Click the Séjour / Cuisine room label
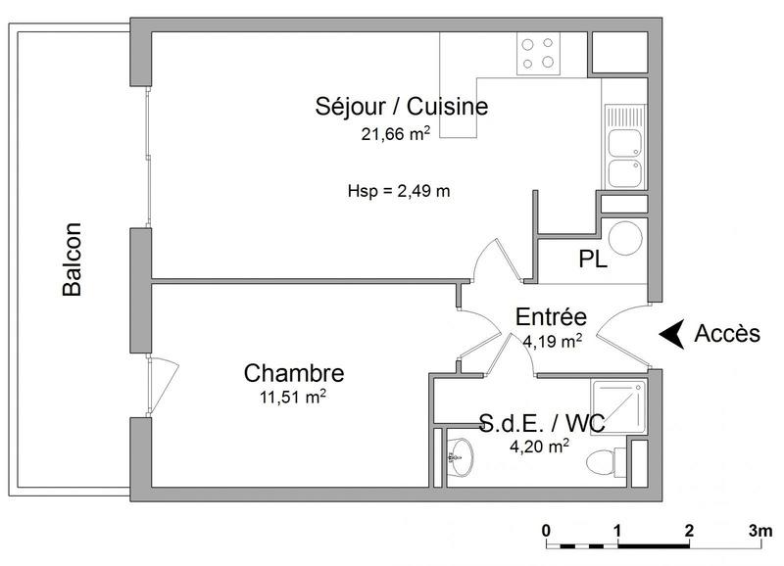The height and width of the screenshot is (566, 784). (401, 107)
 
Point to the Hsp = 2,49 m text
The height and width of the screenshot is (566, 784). (399, 191)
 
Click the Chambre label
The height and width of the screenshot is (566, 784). (294, 373)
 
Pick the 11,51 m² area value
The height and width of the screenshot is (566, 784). (293, 397)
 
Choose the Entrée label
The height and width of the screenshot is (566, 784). (551, 317)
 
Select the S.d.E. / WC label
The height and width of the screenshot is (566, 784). (541, 424)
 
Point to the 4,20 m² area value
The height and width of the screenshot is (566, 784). (538, 447)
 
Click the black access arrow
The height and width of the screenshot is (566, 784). (670, 334)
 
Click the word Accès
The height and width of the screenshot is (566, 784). (727, 334)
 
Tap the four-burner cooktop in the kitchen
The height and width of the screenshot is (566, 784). (539, 53)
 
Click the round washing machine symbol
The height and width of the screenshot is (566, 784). (624, 239)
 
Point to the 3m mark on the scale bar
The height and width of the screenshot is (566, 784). (759, 530)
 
